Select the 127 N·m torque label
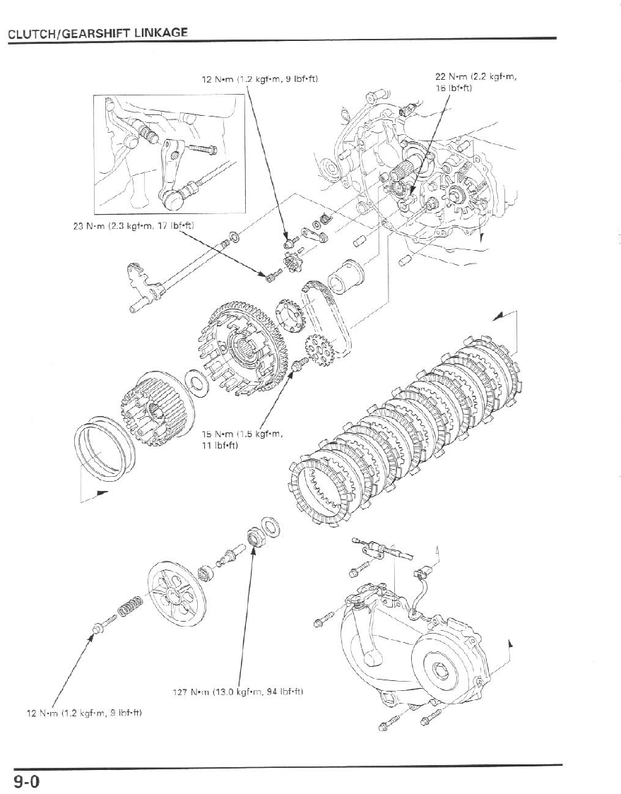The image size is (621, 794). (x=237, y=691)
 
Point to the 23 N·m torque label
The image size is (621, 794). (x=134, y=225)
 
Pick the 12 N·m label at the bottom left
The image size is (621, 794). (x=83, y=713)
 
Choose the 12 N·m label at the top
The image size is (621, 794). (x=259, y=78)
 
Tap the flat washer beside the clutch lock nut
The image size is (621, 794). (x=270, y=526)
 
